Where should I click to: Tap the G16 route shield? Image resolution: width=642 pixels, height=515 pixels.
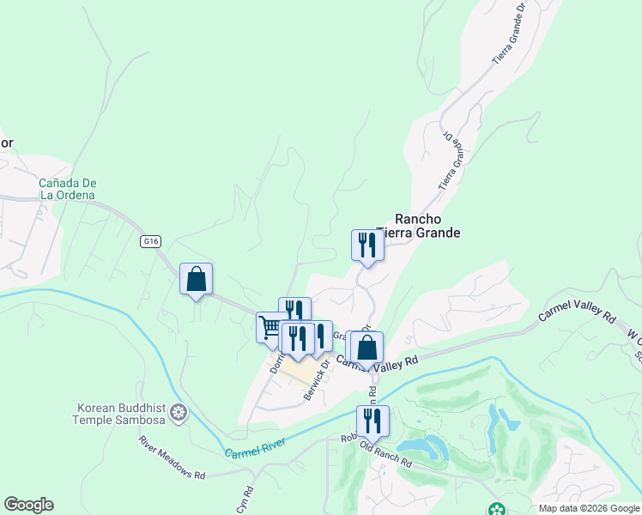151,241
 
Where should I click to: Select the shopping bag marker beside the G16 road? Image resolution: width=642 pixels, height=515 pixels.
196,280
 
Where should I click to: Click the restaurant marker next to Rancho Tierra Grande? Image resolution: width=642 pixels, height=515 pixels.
367,246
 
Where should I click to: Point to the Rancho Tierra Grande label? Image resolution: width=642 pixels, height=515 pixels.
427,226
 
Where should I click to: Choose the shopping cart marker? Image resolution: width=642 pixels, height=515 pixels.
271,328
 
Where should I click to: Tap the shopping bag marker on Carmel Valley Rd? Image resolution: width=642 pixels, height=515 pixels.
366,348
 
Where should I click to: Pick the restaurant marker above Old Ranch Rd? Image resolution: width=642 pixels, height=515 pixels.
372,421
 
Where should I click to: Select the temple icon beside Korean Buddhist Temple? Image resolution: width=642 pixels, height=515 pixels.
179,413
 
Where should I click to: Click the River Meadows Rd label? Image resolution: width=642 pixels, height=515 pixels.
173,457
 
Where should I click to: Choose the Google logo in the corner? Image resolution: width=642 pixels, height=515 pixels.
28,505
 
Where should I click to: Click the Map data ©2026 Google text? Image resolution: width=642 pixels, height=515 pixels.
588,508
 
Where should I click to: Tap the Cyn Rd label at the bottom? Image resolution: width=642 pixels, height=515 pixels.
245,500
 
